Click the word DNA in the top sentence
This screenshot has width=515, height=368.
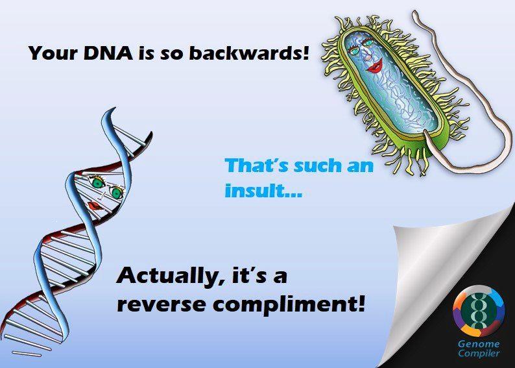coord(108,53)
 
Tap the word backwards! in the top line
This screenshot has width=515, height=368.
coord(250,53)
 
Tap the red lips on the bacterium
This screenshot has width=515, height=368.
coord(376,66)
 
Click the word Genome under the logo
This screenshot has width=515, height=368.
coord(479,345)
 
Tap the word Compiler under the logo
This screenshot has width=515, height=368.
coord(479,354)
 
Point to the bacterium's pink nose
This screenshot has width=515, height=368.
coord(368,57)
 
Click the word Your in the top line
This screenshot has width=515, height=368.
coord(53,53)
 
